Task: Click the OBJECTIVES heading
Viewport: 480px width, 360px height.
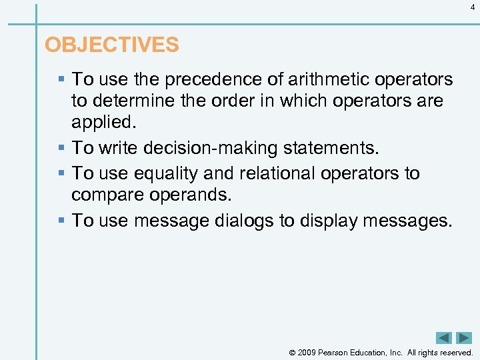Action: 111,45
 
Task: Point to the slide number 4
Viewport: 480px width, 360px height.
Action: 472,7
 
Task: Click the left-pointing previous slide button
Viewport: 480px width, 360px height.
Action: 444,338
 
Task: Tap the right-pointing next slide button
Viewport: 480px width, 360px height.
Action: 464,338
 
